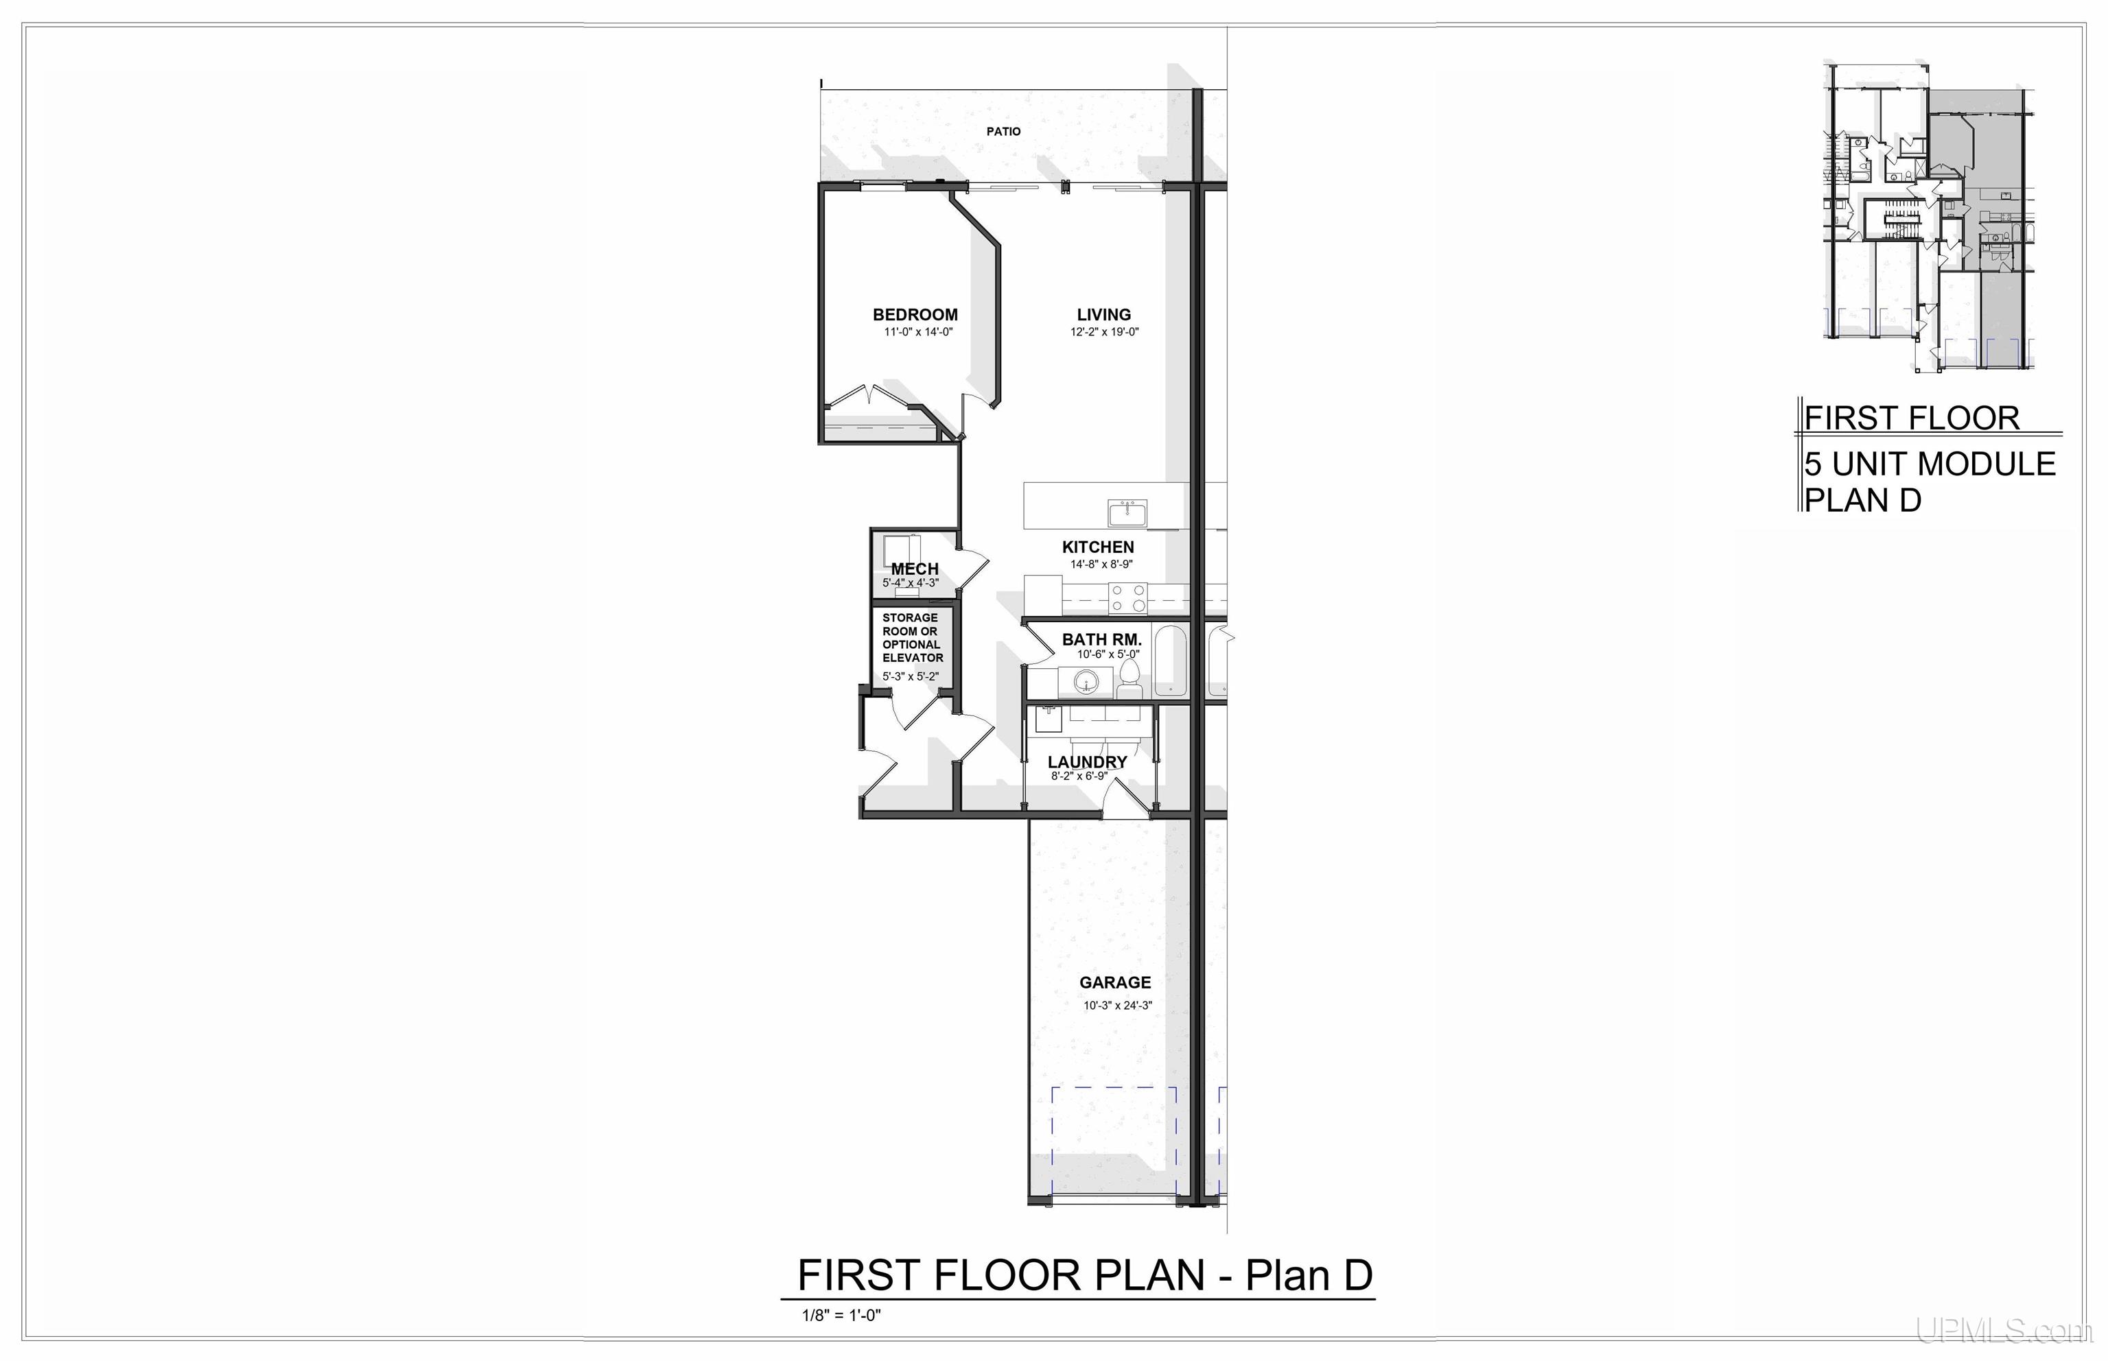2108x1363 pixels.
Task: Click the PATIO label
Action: point(1003,131)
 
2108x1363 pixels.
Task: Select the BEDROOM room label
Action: point(915,314)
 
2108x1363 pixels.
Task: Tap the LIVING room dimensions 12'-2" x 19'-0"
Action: point(1104,333)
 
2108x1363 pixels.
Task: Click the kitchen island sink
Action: point(1127,512)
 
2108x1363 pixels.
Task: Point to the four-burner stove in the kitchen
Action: point(1128,600)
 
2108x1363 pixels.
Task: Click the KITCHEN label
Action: point(1098,547)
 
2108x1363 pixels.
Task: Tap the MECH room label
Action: point(915,569)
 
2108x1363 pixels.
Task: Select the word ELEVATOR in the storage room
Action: point(912,658)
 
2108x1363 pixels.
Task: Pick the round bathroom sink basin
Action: point(1086,683)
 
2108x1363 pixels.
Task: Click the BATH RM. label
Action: point(1101,639)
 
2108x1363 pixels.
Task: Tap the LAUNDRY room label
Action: point(1087,762)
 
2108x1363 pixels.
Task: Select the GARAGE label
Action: point(1114,982)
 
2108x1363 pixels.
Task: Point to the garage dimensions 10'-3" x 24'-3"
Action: point(1117,1006)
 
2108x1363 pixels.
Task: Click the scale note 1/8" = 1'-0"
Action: point(841,1315)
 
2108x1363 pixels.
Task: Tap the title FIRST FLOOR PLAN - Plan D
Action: point(1085,1275)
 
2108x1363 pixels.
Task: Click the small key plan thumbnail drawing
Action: point(1928,216)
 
